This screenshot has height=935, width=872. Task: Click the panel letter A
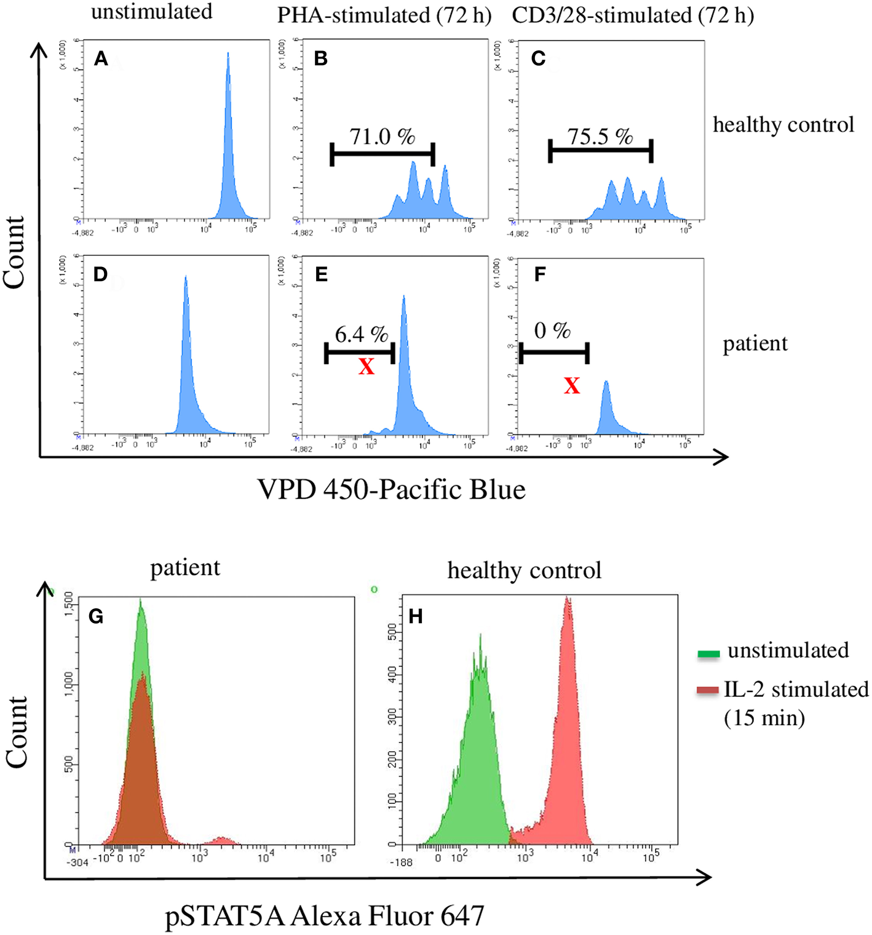[101, 59]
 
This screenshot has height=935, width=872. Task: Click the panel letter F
[540, 274]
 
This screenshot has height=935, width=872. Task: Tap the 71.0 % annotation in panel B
[382, 137]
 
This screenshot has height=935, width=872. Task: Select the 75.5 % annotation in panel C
[600, 137]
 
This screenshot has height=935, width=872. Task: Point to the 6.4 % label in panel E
[362, 335]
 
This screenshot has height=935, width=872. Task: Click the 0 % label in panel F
[552, 331]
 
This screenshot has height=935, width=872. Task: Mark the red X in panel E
[367, 367]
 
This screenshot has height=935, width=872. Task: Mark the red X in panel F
[572, 386]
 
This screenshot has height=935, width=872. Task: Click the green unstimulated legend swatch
[708, 654]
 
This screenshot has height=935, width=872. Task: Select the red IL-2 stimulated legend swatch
[708, 691]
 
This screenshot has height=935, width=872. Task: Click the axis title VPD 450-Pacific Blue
[392, 490]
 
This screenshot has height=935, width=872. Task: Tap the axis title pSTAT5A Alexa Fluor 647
[325, 916]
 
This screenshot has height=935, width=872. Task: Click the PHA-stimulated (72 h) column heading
[384, 15]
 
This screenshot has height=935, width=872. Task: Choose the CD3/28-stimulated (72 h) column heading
[633, 15]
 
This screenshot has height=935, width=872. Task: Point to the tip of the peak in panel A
[228, 54]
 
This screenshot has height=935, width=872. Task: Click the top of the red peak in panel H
[567, 598]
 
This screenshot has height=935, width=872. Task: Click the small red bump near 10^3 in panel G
[222, 839]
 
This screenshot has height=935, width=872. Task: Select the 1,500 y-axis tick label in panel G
[69, 604]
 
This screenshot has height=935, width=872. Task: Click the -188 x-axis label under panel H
[401, 862]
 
